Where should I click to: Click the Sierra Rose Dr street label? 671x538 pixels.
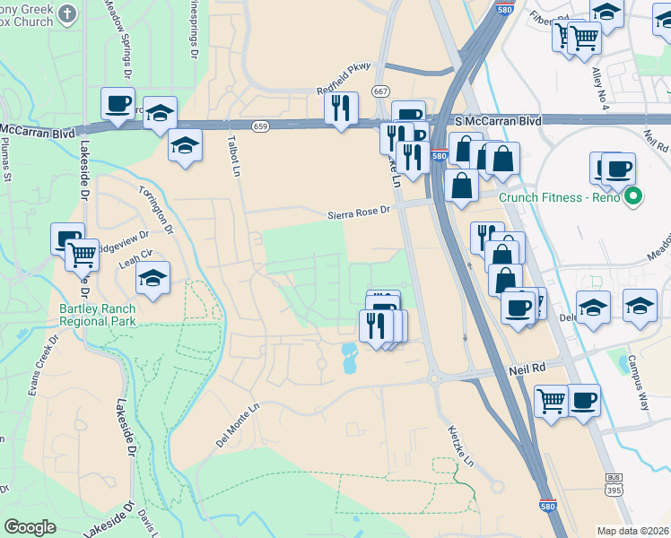(359, 212)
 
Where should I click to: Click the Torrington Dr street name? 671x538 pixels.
(153, 207)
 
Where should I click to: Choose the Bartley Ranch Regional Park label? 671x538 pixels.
(99, 315)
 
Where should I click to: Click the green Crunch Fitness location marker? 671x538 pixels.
(634, 196)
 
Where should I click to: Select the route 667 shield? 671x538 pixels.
(381, 91)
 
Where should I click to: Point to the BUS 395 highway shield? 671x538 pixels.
(614, 485)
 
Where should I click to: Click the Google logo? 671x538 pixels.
(30, 526)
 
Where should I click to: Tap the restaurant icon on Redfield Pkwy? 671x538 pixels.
(341, 108)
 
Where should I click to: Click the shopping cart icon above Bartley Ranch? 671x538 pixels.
(83, 255)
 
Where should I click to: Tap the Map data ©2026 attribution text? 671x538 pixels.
(632, 531)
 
